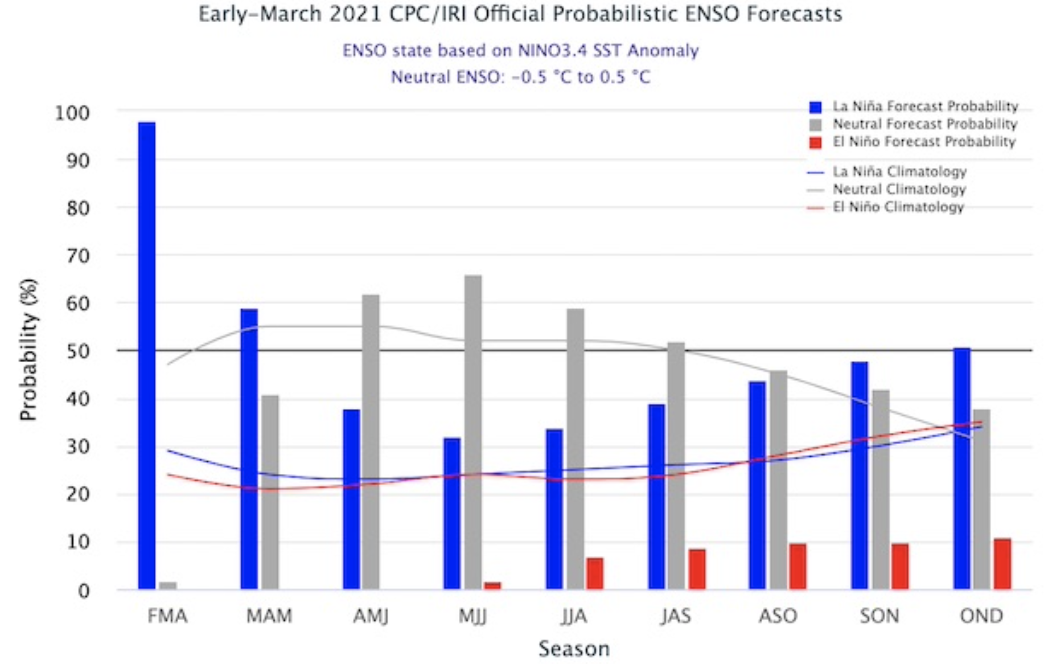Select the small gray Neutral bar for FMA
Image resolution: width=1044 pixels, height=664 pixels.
[167, 585]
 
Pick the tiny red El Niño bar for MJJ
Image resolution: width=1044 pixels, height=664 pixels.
[492, 585]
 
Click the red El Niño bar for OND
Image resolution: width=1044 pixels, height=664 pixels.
[1002, 564]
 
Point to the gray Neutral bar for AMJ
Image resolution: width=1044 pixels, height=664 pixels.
[371, 441]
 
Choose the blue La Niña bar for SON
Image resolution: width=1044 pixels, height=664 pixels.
[860, 475]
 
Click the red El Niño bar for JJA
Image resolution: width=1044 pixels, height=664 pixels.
[594, 573]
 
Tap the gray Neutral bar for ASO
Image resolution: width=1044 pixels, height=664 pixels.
[778, 479]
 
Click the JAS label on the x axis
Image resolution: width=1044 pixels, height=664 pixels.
[676, 616]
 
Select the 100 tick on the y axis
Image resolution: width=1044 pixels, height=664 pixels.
[72, 112]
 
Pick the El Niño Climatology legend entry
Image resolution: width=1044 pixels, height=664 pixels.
[898, 207]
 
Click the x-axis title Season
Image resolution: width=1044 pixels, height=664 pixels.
[574, 649]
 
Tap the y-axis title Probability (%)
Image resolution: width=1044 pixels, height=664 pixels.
[28, 350]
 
